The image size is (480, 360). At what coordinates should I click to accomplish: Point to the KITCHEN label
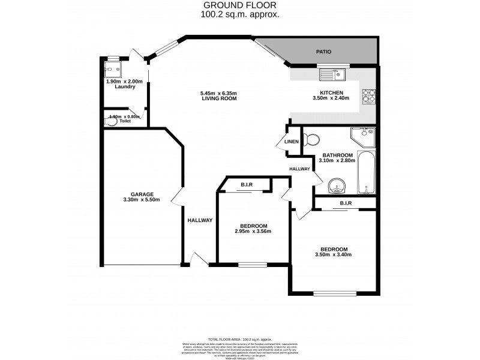tap(331, 92)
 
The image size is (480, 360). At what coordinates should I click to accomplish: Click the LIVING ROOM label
tap(219, 98)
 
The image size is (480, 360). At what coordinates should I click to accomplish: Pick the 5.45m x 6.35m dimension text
tap(219, 93)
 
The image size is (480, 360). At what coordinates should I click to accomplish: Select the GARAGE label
tap(143, 194)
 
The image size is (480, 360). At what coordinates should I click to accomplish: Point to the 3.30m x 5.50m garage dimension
tap(143, 200)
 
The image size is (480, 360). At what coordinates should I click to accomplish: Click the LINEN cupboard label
tap(292, 142)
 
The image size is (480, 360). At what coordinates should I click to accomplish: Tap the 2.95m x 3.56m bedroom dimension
tap(253, 232)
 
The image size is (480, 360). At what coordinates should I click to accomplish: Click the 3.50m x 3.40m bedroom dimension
tap(333, 255)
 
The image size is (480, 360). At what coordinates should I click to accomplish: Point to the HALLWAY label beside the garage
tap(200, 220)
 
